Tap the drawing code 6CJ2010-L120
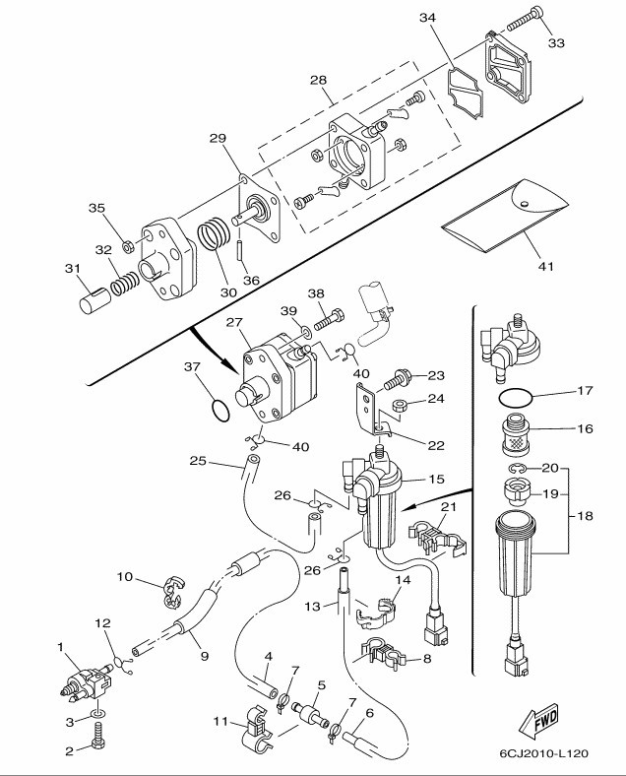544,753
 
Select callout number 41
546,266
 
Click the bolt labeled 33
526,17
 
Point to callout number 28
319,80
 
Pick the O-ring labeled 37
220,411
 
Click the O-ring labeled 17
516,397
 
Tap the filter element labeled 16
516,435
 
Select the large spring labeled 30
215,233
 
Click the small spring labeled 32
124,285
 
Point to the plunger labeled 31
95,300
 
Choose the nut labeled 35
128,245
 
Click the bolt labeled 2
97,736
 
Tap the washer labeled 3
97,715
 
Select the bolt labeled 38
329,319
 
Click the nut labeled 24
399,407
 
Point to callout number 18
585,516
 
